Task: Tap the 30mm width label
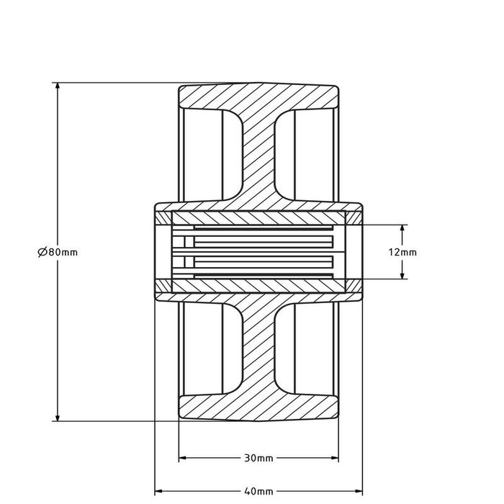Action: coord(258,457)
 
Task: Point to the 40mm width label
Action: coord(258,492)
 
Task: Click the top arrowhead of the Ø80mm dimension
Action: coord(57,87)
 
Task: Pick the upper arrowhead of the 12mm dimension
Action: coord(402,228)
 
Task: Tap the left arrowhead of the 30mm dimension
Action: coord(182,457)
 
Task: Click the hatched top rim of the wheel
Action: coord(258,96)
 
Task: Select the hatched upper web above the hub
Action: coord(258,158)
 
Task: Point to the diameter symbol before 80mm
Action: coord(40,252)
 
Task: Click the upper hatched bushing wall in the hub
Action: coord(258,217)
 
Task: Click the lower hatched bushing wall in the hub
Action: coord(258,285)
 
